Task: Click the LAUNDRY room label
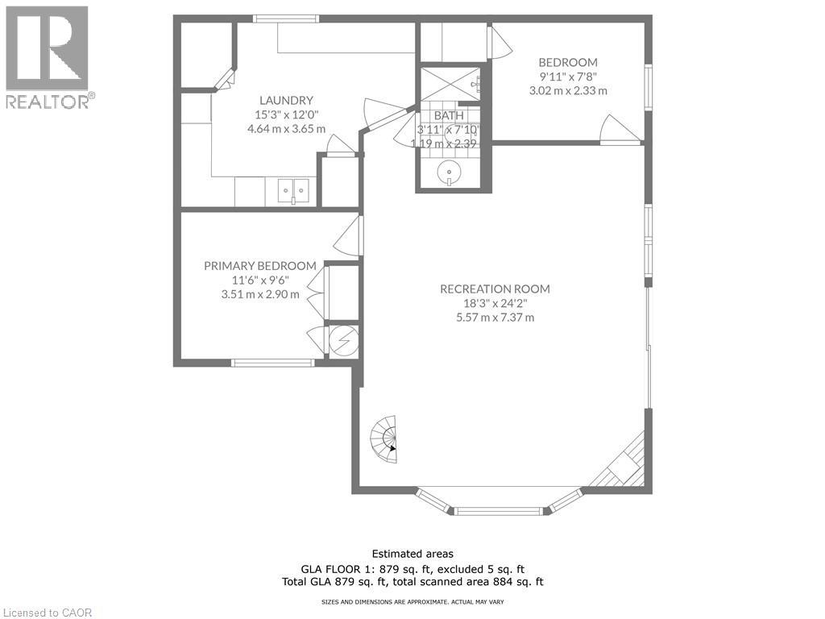(286, 100)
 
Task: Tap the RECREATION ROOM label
(495, 289)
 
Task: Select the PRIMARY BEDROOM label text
(259, 266)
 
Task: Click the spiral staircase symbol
(384, 439)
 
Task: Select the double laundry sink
(293, 191)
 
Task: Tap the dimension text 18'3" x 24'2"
(495, 303)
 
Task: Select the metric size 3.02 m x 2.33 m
(567, 91)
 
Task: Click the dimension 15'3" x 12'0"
(286, 114)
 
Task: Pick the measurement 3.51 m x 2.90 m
(259, 294)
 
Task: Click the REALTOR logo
(48, 57)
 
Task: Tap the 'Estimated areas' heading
(412, 554)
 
